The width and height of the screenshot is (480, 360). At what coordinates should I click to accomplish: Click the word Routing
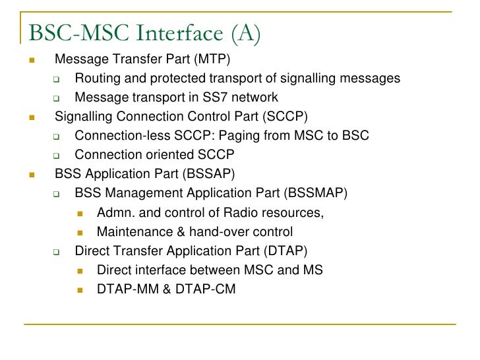pyautogui.click(x=97, y=79)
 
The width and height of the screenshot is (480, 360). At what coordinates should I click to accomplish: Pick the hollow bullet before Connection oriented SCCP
pyautogui.click(x=56, y=156)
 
